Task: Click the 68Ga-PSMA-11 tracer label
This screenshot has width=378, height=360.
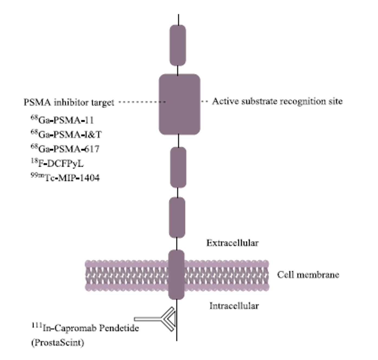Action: click(x=62, y=120)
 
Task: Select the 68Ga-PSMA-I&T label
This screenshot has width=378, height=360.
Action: click(x=66, y=134)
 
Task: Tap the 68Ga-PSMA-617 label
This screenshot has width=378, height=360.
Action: click(x=65, y=149)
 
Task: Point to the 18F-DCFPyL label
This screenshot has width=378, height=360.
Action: click(x=57, y=163)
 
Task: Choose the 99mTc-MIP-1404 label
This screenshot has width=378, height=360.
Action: click(x=65, y=178)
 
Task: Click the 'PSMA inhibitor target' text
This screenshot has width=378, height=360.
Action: click(x=69, y=102)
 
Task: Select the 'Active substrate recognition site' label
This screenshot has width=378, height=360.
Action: click(x=277, y=101)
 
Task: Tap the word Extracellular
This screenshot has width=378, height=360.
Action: click(x=232, y=243)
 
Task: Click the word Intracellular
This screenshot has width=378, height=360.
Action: click(x=234, y=306)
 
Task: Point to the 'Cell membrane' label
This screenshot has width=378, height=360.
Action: click(x=308, y=275)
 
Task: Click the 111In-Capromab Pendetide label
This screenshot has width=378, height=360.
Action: click(x=85, y=328)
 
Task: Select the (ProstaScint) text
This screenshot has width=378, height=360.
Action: click(x=58, y=342)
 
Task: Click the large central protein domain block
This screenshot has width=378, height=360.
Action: click(x=179, y=104)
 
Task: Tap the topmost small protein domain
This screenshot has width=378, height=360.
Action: click(x=178, y=45)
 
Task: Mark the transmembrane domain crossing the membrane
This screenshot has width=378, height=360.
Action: click(x=177, y=275)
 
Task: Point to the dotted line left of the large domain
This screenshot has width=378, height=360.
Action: click(x=142, y=102)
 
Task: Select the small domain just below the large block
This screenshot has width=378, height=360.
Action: click(x=178, y=167)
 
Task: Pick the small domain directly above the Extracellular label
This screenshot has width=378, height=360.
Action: click(x=177, y=217)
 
